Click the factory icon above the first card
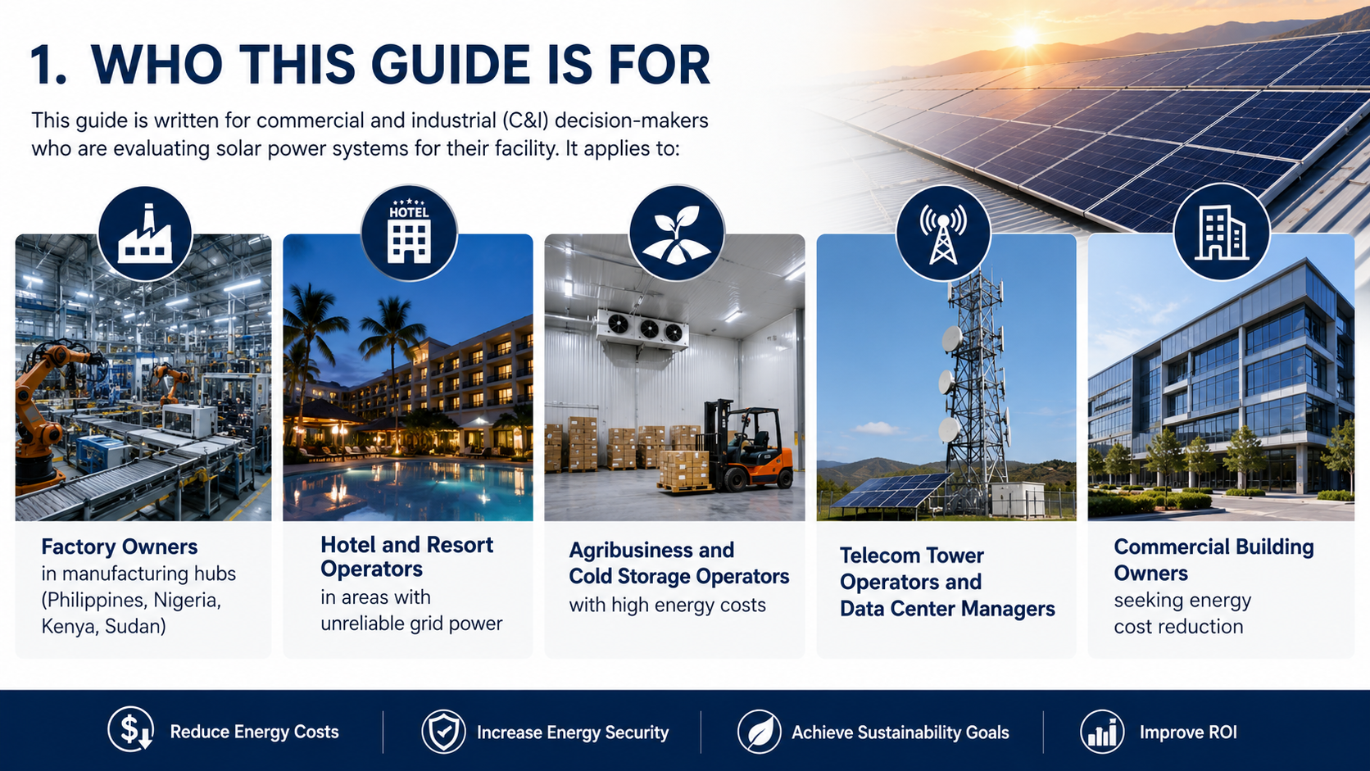pos(145,234)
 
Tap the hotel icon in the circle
pos(409,231)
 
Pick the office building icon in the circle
pos(1222,233)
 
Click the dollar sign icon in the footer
pos(131,729)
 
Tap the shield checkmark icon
pos(443,731)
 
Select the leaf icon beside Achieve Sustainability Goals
pos(759,731)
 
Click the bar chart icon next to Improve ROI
pos(1102,731)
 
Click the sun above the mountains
pos(1026,37)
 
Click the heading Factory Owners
pos(120,547)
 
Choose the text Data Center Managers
pos(947,609)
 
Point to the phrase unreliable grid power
pos(411,624)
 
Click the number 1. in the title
pos(48,65)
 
